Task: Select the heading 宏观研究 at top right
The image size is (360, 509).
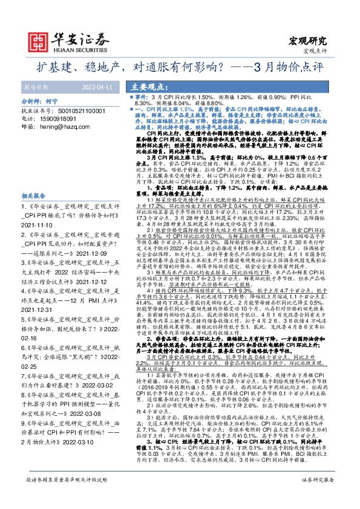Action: point(309,41)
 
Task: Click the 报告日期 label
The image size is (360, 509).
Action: point(36,87)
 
